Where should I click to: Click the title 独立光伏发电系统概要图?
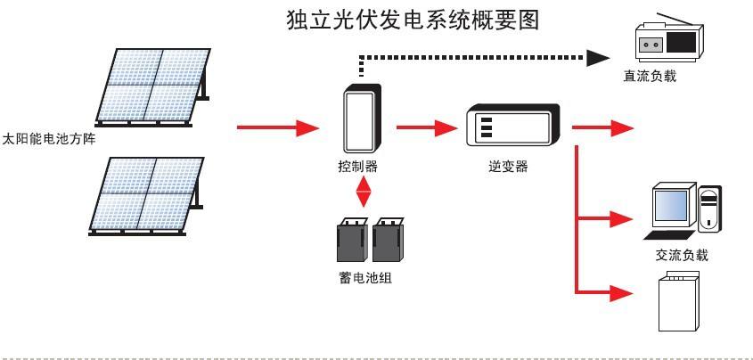[413, 20]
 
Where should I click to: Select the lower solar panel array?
[148, 194]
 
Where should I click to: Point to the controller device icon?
[362, 119]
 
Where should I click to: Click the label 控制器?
[357, 166]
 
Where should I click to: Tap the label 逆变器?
[509, 166]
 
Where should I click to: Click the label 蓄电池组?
[365, 278]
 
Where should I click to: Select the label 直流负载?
[650, 77]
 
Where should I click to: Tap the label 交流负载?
[682, 255]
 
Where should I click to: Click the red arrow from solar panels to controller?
[277, 128]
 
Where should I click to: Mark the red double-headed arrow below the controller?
[363, 192]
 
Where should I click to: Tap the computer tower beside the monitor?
[710, 210]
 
